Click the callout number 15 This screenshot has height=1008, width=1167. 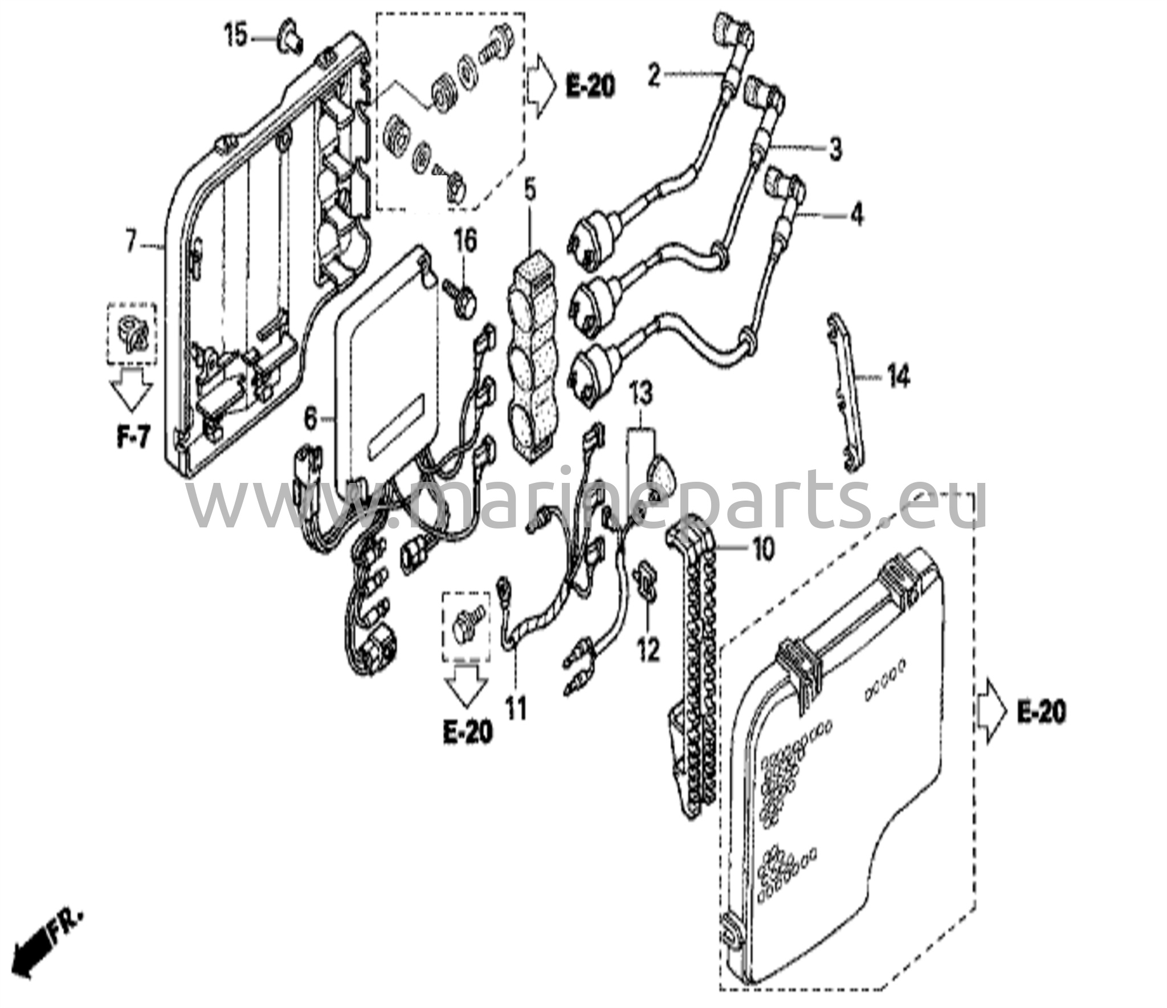235,36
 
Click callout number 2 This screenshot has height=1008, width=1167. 654,76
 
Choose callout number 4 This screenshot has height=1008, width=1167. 857,215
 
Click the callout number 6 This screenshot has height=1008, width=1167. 310,420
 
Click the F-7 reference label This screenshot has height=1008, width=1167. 133,439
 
